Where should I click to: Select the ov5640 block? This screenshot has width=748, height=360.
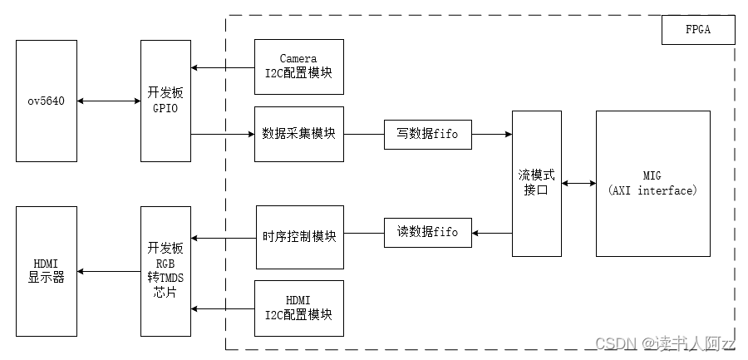(47, 101)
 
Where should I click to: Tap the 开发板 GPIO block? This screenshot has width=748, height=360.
(165, 101)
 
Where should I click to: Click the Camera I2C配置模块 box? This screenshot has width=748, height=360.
(298, 66)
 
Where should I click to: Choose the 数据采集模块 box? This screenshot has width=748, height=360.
(298, 133)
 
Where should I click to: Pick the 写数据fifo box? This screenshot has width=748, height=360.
(428, 133)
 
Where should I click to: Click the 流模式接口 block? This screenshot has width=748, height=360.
(536, 183)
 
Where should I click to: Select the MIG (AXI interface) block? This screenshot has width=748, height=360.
(653, 183)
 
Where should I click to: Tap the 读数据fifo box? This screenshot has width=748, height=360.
(428, 233)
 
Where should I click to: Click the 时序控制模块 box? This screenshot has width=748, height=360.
(298, 237)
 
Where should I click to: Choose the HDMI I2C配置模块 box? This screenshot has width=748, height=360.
(298, 308)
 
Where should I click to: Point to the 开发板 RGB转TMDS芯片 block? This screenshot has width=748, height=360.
(165, 270)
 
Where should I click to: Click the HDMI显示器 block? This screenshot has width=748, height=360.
(47, 270)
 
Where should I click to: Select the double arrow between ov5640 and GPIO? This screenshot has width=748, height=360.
(108, 101)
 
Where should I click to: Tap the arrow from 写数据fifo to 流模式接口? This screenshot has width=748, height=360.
(492, 133)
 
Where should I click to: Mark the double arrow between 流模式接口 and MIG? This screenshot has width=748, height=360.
(578, 183)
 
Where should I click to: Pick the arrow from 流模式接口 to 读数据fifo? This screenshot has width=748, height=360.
(492, 233)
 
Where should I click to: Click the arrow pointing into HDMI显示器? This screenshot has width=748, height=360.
(108, 271)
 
